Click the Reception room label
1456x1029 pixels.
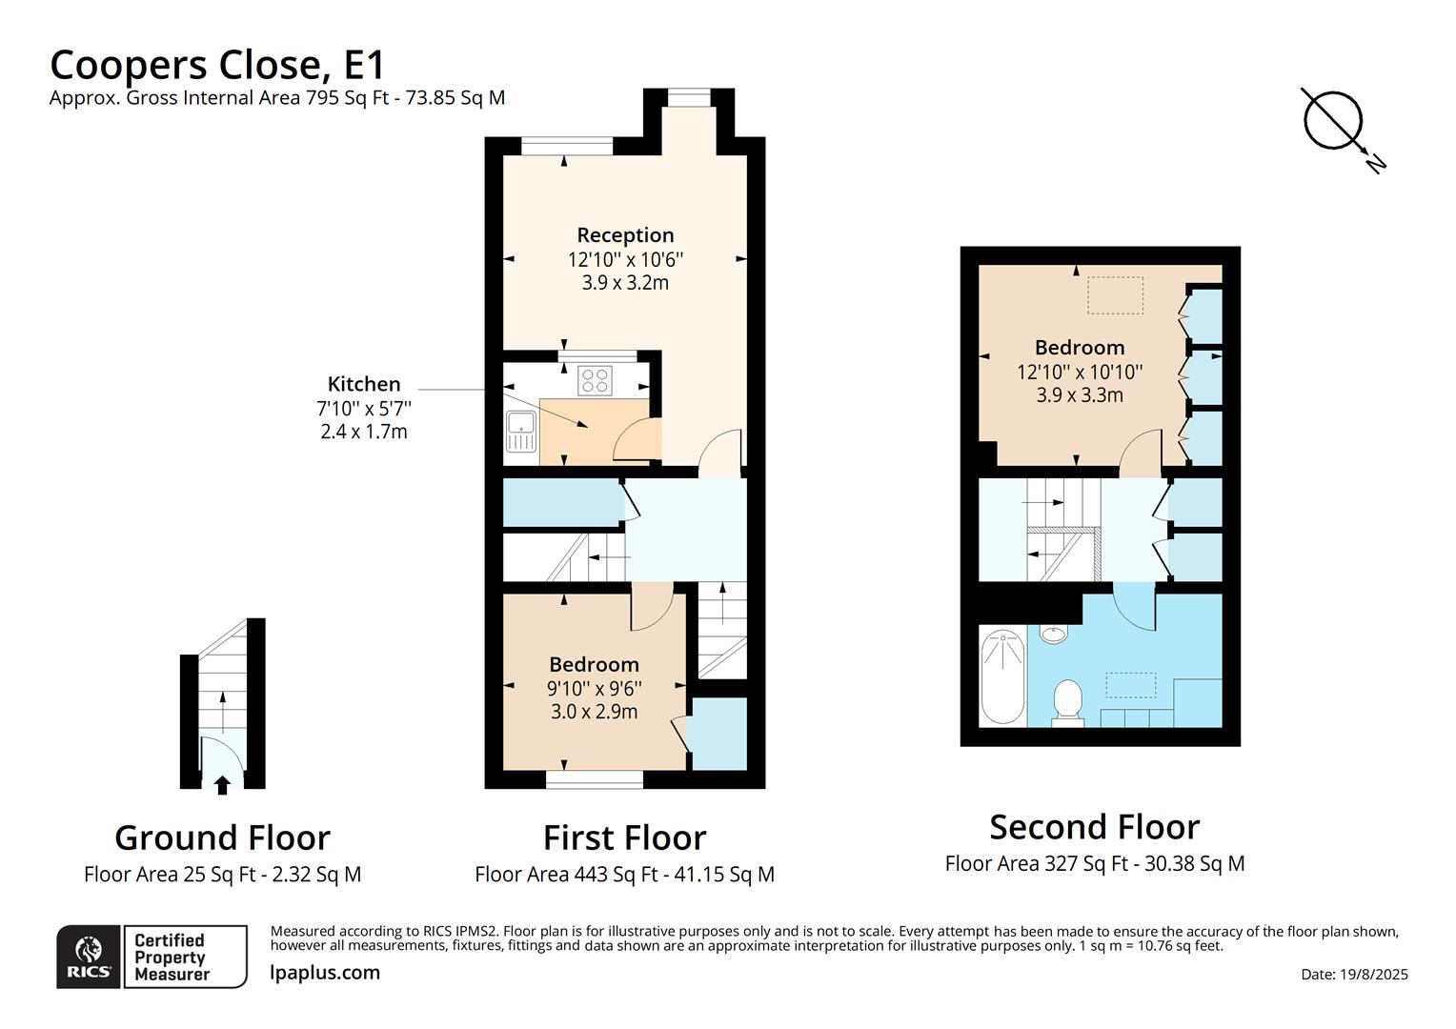tap(625, 235)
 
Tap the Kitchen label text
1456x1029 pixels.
tap(363, 384)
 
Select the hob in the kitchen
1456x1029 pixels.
tap(595, 380)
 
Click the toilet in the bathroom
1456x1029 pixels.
tap(1067, 703)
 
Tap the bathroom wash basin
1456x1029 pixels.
tap(1053, 635)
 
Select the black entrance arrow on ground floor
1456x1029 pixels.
tap(222, 785)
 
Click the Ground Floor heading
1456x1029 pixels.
tap(222, 837)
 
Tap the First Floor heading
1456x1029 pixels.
tap(624, 837)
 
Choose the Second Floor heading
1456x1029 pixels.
tap(1094, 827)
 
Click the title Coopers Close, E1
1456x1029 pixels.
tap(217, 65)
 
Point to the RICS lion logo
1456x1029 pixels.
tap(89, 956)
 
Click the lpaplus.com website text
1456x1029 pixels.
tap(325, 973)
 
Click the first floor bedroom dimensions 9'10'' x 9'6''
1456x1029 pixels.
tap(594, 688)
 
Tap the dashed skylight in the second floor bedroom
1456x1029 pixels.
tap(1115, 294)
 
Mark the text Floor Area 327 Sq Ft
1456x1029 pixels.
tap(1036, 864)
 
